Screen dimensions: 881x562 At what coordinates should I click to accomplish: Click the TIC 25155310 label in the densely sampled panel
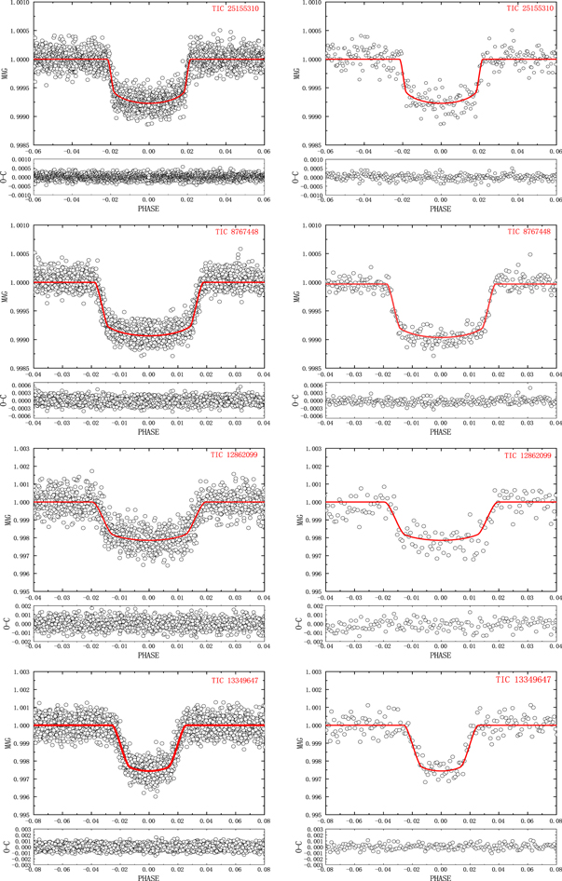tap(237, 9)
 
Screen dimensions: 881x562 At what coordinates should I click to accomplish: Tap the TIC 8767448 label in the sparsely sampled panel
tap(529, 231)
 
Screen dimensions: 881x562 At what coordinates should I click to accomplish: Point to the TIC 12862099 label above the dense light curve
tap(237, 455)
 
